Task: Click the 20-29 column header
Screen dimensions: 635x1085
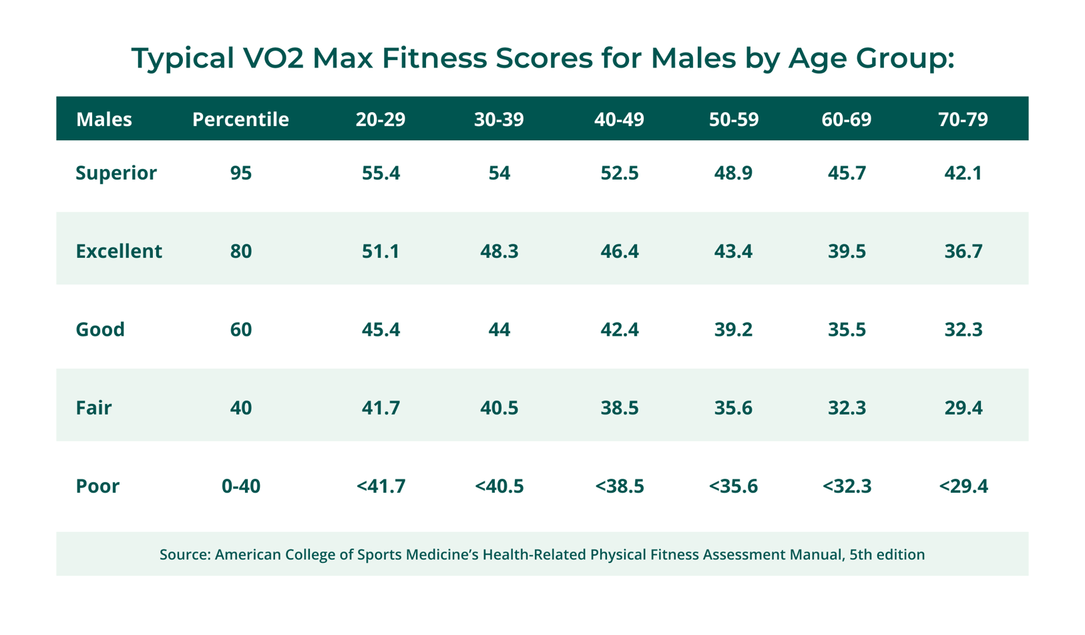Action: tap(380, 120)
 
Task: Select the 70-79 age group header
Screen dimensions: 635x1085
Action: tap(962, 120)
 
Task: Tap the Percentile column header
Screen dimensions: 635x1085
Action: tap(240, 120)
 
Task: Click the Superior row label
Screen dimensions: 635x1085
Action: tap(116, 173)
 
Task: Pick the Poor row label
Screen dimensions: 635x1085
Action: tap(97, 486)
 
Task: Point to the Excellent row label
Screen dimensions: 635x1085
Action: tap(119, 251)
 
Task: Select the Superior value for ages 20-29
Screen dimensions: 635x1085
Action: tap(381, 173)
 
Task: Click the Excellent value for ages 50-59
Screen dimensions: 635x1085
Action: tap(733, 251)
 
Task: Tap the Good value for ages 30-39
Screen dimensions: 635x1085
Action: tap(499, 329)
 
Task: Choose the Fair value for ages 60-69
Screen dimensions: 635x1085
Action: tap(847, 408)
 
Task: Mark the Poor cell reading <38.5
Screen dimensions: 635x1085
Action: tap(619, 486)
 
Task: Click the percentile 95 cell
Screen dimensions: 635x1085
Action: tap(240, 173)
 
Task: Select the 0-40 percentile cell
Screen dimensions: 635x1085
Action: tap(240, 486)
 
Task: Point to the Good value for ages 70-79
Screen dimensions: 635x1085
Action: tap(963, 329)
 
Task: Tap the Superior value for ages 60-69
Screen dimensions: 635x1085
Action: tap(847, 173)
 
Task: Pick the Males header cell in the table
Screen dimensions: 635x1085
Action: tap(104, 120)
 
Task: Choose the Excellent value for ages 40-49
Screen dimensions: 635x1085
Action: tap(619, 251)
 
